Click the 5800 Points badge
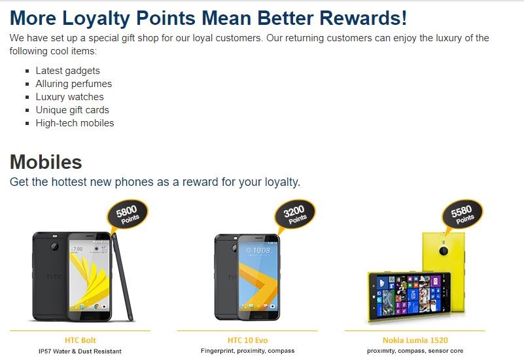point(127,214)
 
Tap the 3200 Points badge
point(295,214)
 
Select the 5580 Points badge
point(463,214)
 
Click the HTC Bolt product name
point(80,340)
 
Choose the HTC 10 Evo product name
point(248,340)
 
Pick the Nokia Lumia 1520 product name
point(415,340)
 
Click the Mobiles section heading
point(46,162)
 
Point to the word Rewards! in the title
point(363,18)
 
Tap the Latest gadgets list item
point(68,71)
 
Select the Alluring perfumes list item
point(74,84)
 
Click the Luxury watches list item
point(70,97)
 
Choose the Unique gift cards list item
point(73,110)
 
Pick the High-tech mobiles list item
point(75,123)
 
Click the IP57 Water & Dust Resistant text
point(80,351)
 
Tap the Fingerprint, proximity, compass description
point(248,351)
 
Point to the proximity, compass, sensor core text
point(415,351)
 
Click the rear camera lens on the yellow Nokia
point(444,251)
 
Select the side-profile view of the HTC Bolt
point(122,277)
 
